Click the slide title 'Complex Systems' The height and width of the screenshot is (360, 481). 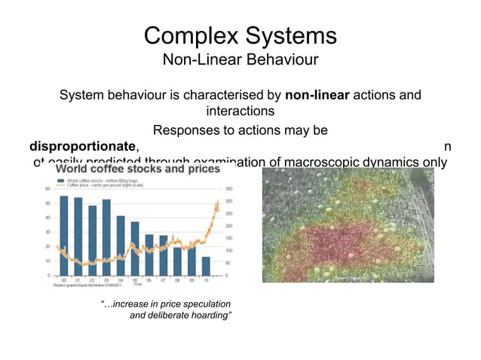click(x=240, y=35)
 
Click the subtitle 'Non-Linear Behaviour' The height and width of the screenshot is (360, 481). click(x=240, y=59)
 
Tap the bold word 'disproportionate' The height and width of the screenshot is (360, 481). click(x=83, y=145)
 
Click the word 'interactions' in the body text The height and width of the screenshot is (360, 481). click(x=240, y=111)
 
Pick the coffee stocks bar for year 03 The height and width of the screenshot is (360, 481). click(x=106, y=236)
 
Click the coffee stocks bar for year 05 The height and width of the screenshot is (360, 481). click(x=135, y=248)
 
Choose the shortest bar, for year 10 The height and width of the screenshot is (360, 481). click(x=206, y=266)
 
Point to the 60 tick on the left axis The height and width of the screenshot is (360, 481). click(x=48, y=189)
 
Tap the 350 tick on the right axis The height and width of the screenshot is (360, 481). click(x=227, y=189)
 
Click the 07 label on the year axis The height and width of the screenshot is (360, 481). click(x=163, y=279)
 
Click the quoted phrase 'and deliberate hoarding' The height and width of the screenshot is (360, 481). click(x=180, y=315)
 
